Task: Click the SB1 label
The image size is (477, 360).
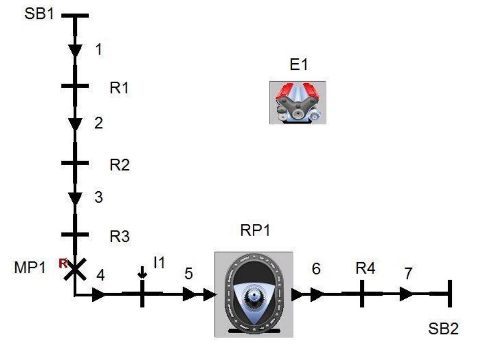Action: pos(39,14)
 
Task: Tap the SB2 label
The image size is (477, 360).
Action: pos(443,329)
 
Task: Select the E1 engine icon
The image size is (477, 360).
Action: pos(298,102)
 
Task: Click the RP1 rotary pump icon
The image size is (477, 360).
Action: pos(254,295)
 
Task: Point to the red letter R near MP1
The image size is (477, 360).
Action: pos(63,263)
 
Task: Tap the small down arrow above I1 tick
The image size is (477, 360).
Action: pos(142,273)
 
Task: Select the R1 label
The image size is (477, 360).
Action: pos(119,88)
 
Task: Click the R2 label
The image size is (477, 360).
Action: pos(120,165)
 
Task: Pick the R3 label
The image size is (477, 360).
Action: pos(120,237)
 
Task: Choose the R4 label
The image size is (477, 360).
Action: pos(365,268)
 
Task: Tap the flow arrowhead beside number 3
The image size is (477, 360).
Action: pos(75,199)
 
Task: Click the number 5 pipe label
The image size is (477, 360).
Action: pos(189,274)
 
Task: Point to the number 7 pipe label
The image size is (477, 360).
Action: pos(408,273)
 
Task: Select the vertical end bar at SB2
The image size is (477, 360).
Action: pos(450,294)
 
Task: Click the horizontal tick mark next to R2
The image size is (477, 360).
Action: pos(75,163)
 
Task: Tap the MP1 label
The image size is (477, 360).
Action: pos(30,268)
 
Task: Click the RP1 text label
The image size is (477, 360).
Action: pos(255,230)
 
